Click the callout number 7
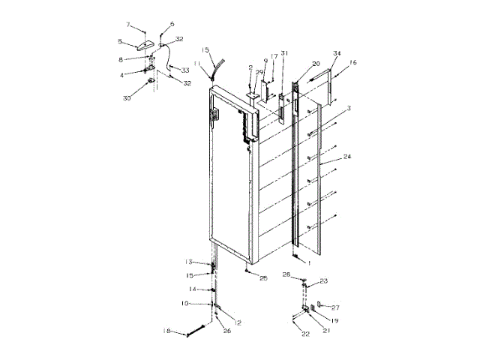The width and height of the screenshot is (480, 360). (x=128, y=25)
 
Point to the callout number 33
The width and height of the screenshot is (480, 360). (x=184, y=70)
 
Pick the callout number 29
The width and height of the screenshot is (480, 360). (x=259, y=72)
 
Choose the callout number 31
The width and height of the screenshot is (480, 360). (x=284, y=52)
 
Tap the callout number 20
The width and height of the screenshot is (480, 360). (x=316, y=64)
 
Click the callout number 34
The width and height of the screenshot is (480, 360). (x=337, y=53)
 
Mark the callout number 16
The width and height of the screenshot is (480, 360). (x=352, y=63)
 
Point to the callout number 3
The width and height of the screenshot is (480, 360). (x=349, y=109)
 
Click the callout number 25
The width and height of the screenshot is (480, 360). (x=263, y=278)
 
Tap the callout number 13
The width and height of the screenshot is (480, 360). (x=189, y=262)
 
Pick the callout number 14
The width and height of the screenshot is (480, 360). (x=192, y=289)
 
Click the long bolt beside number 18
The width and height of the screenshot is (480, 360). (x=192, y=329)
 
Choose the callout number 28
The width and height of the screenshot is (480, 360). (x=286, y=276)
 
